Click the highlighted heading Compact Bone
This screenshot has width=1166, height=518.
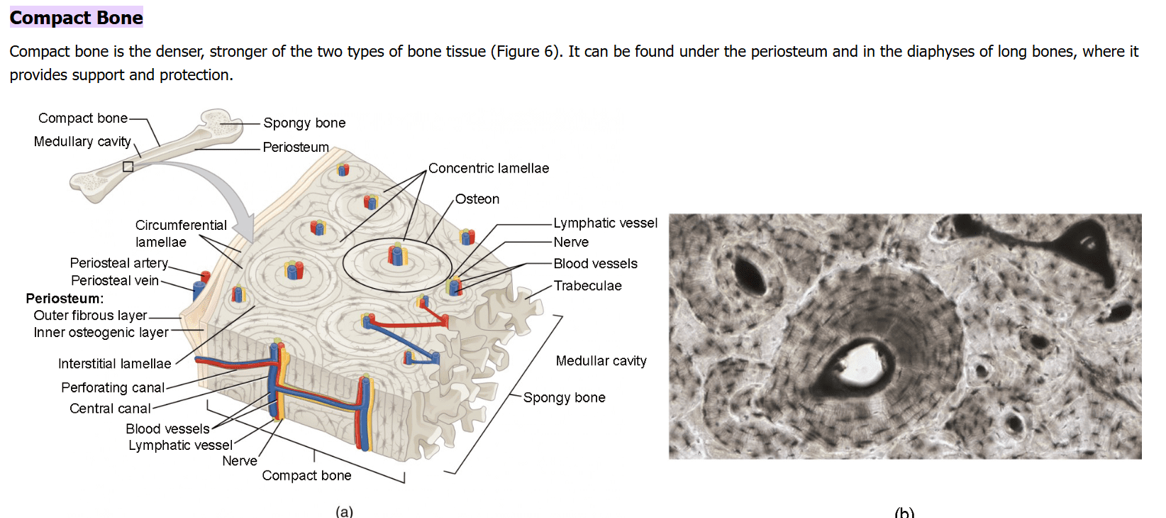pyautogui.click(x=76, y=18)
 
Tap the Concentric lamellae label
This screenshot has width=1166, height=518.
pyautogui.click(x=488, y=168)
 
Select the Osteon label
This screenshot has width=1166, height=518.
pyautogui.click(x=477, y=199)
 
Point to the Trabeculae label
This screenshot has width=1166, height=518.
pyautogui.click(x=587, y=285)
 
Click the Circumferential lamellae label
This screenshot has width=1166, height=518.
pyautogui.click(x=181, y=233)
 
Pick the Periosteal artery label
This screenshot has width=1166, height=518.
pyautogui.click(x=119, y=263)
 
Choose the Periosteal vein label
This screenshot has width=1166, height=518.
pyautogui.click(x=114, y=280)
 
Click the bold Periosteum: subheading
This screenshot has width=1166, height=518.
pyautogui.click(x=65, y=298)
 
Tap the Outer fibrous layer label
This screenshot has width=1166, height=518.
pyautogui.click(x=90, y=316)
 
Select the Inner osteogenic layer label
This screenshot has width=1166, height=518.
pyautogui.click(x=101, y=332)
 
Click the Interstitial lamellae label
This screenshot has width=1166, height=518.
pyautogui.click(x=114, y=363)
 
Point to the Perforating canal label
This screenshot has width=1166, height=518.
pyautogui.click(x=113, y=387)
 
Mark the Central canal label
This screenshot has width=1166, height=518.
pyautogui.click(x=110, y=408)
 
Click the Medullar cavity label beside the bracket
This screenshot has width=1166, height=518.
pyautogui.click(x=601, y=360)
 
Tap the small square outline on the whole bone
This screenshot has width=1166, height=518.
pyautogui.click(x=128, y=167)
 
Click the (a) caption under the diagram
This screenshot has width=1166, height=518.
pyautogui.click(x=345, y=511)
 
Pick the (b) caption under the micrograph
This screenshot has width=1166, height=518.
pyautogui.click(x=905, y=512)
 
